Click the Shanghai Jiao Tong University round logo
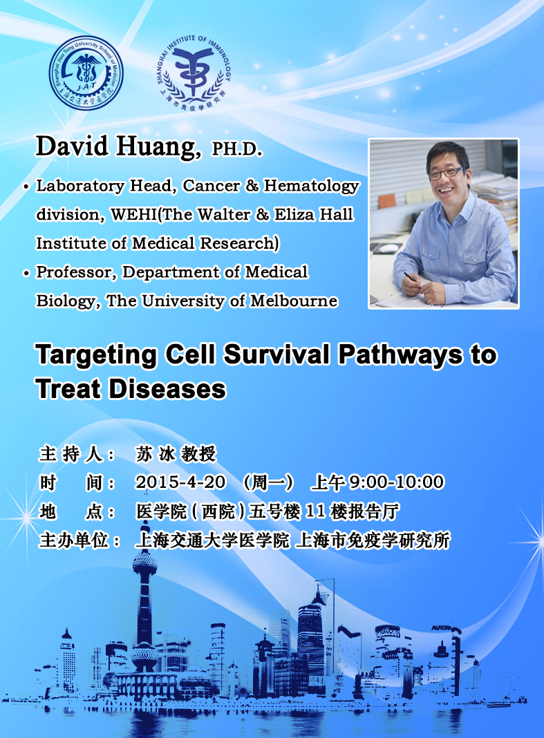[86, 73]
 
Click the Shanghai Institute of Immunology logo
[193, 73]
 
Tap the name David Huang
[118, 146]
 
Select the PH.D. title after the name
[237, 149]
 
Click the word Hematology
[311, 187]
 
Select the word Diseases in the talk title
[167, 390]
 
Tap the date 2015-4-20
[180, 482]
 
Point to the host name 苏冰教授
[176, 454]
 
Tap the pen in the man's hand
[409, 276]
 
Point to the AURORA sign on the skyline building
[442, 628]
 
